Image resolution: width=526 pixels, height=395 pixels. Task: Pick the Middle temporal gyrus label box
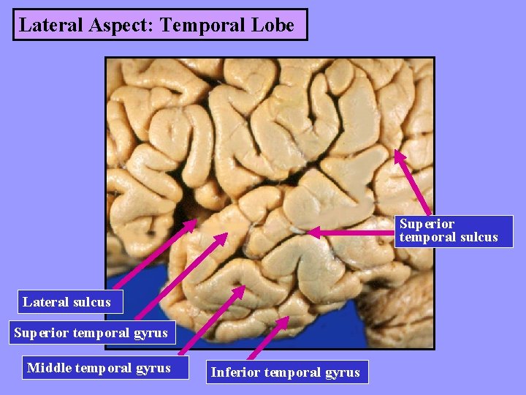point(99,368)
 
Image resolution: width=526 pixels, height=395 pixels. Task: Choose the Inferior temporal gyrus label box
point(286,372)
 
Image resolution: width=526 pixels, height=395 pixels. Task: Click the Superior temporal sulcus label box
point(453,230)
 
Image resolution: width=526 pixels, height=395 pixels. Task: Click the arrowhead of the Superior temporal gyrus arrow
point(226,236)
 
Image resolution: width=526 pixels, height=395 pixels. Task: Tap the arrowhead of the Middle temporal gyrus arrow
point(244,288)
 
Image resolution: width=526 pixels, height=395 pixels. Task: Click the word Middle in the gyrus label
point(48,368)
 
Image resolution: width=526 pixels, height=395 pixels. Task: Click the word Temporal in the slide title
point(194,25)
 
